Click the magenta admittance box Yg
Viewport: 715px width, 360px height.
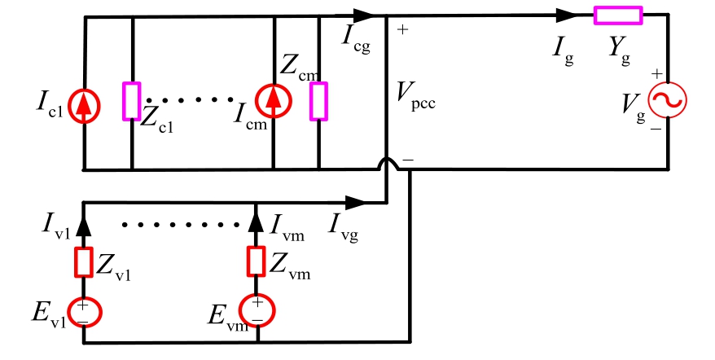pyautogui.click(x=617, y=14)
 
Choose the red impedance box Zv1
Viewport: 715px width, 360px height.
pyautogui.click(x=82, y=262)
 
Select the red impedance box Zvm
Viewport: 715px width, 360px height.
pyautogui.click(x=257, y=262)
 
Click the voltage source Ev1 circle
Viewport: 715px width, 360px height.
pyautogui.click(x=83, y=312)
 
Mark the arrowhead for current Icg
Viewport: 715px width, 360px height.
pyautogui.click(x=364, y=14)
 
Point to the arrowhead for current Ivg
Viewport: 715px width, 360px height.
pyautogui.click(x=354, y=201)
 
